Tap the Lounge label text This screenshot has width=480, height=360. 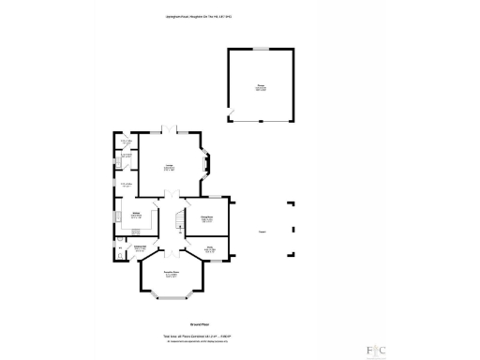pos(168,168)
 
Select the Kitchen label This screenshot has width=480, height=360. pos(136,215)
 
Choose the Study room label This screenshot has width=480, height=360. pos(211,248)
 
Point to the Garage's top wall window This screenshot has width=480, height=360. pos(261,49)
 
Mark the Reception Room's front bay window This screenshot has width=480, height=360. pos(170,297)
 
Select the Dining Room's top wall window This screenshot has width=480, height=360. pos(213,197)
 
